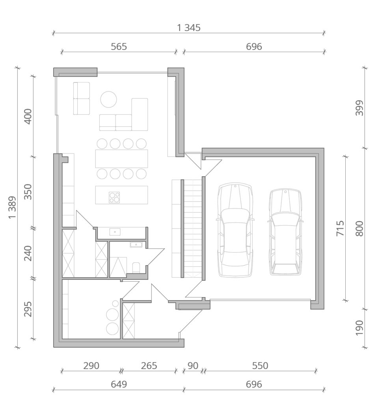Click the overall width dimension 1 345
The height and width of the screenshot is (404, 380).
tap(189, 28)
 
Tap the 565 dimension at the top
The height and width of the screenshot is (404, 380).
tap(119, 47)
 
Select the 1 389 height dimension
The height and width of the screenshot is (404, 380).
tap(12, 208)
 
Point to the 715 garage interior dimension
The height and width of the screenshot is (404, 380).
tap(340, 228)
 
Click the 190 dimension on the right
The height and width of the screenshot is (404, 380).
tap(359, 328)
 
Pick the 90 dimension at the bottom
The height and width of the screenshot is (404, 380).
tap(193, 366)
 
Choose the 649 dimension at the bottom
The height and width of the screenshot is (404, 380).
tap(119, 384)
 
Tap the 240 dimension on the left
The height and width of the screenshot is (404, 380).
tap(28, 253)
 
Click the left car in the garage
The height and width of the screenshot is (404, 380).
tap(235, 230)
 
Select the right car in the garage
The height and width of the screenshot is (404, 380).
tap(285, 232)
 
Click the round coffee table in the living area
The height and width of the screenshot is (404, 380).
tap(108, 99)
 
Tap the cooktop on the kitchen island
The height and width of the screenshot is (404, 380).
tap(114, 197)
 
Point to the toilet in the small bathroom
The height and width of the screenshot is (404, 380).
tap(136, 267)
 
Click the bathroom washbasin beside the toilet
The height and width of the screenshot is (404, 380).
tap(136, 245)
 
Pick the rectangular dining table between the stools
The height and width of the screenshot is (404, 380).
tap(121, 159)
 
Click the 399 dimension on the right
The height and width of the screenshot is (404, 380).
tap(359, 108)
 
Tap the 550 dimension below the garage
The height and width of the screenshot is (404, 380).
tap(260, 366)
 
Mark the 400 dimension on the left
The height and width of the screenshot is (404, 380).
tap(28, 116)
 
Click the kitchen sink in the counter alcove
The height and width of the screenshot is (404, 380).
tap(115, 232)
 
